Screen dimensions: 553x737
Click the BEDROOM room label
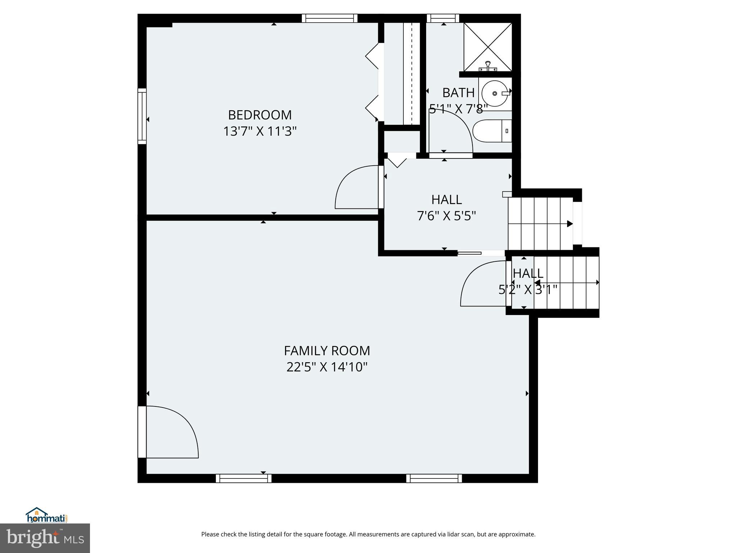[259, 115]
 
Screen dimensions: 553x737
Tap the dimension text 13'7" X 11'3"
[259, 131]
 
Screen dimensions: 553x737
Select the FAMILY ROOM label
[327, 351]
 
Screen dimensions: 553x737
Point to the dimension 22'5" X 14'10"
[327, 367]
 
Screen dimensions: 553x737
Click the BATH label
[458, 93]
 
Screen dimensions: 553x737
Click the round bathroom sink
[495, 94]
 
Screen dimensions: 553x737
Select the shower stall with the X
[488, 47]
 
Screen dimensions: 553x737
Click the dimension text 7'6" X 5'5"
[446, 216]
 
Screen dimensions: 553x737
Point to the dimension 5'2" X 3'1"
[528, 289]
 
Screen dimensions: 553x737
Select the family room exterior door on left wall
[143, 432]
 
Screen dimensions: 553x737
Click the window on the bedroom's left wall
[142, 116]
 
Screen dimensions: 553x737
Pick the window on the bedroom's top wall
[329, 18]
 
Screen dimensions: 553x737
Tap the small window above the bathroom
[443, 18]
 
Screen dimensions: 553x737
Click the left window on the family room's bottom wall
[244, 478]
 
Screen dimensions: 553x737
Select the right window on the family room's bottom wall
[434, 478]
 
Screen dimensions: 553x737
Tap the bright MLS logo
[45, 538]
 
